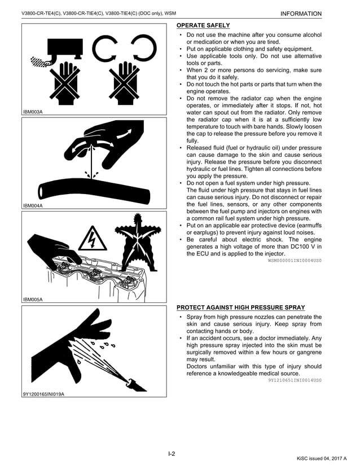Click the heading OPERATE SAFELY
point(203,25)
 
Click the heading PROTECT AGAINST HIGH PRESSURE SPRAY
point(240,307)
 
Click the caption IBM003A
point(33,112)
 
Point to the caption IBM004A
point(33,205)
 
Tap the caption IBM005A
point(33,299)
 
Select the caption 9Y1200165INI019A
point(43,393)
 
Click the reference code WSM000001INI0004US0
point(294,261)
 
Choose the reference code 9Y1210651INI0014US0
point(294,380)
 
